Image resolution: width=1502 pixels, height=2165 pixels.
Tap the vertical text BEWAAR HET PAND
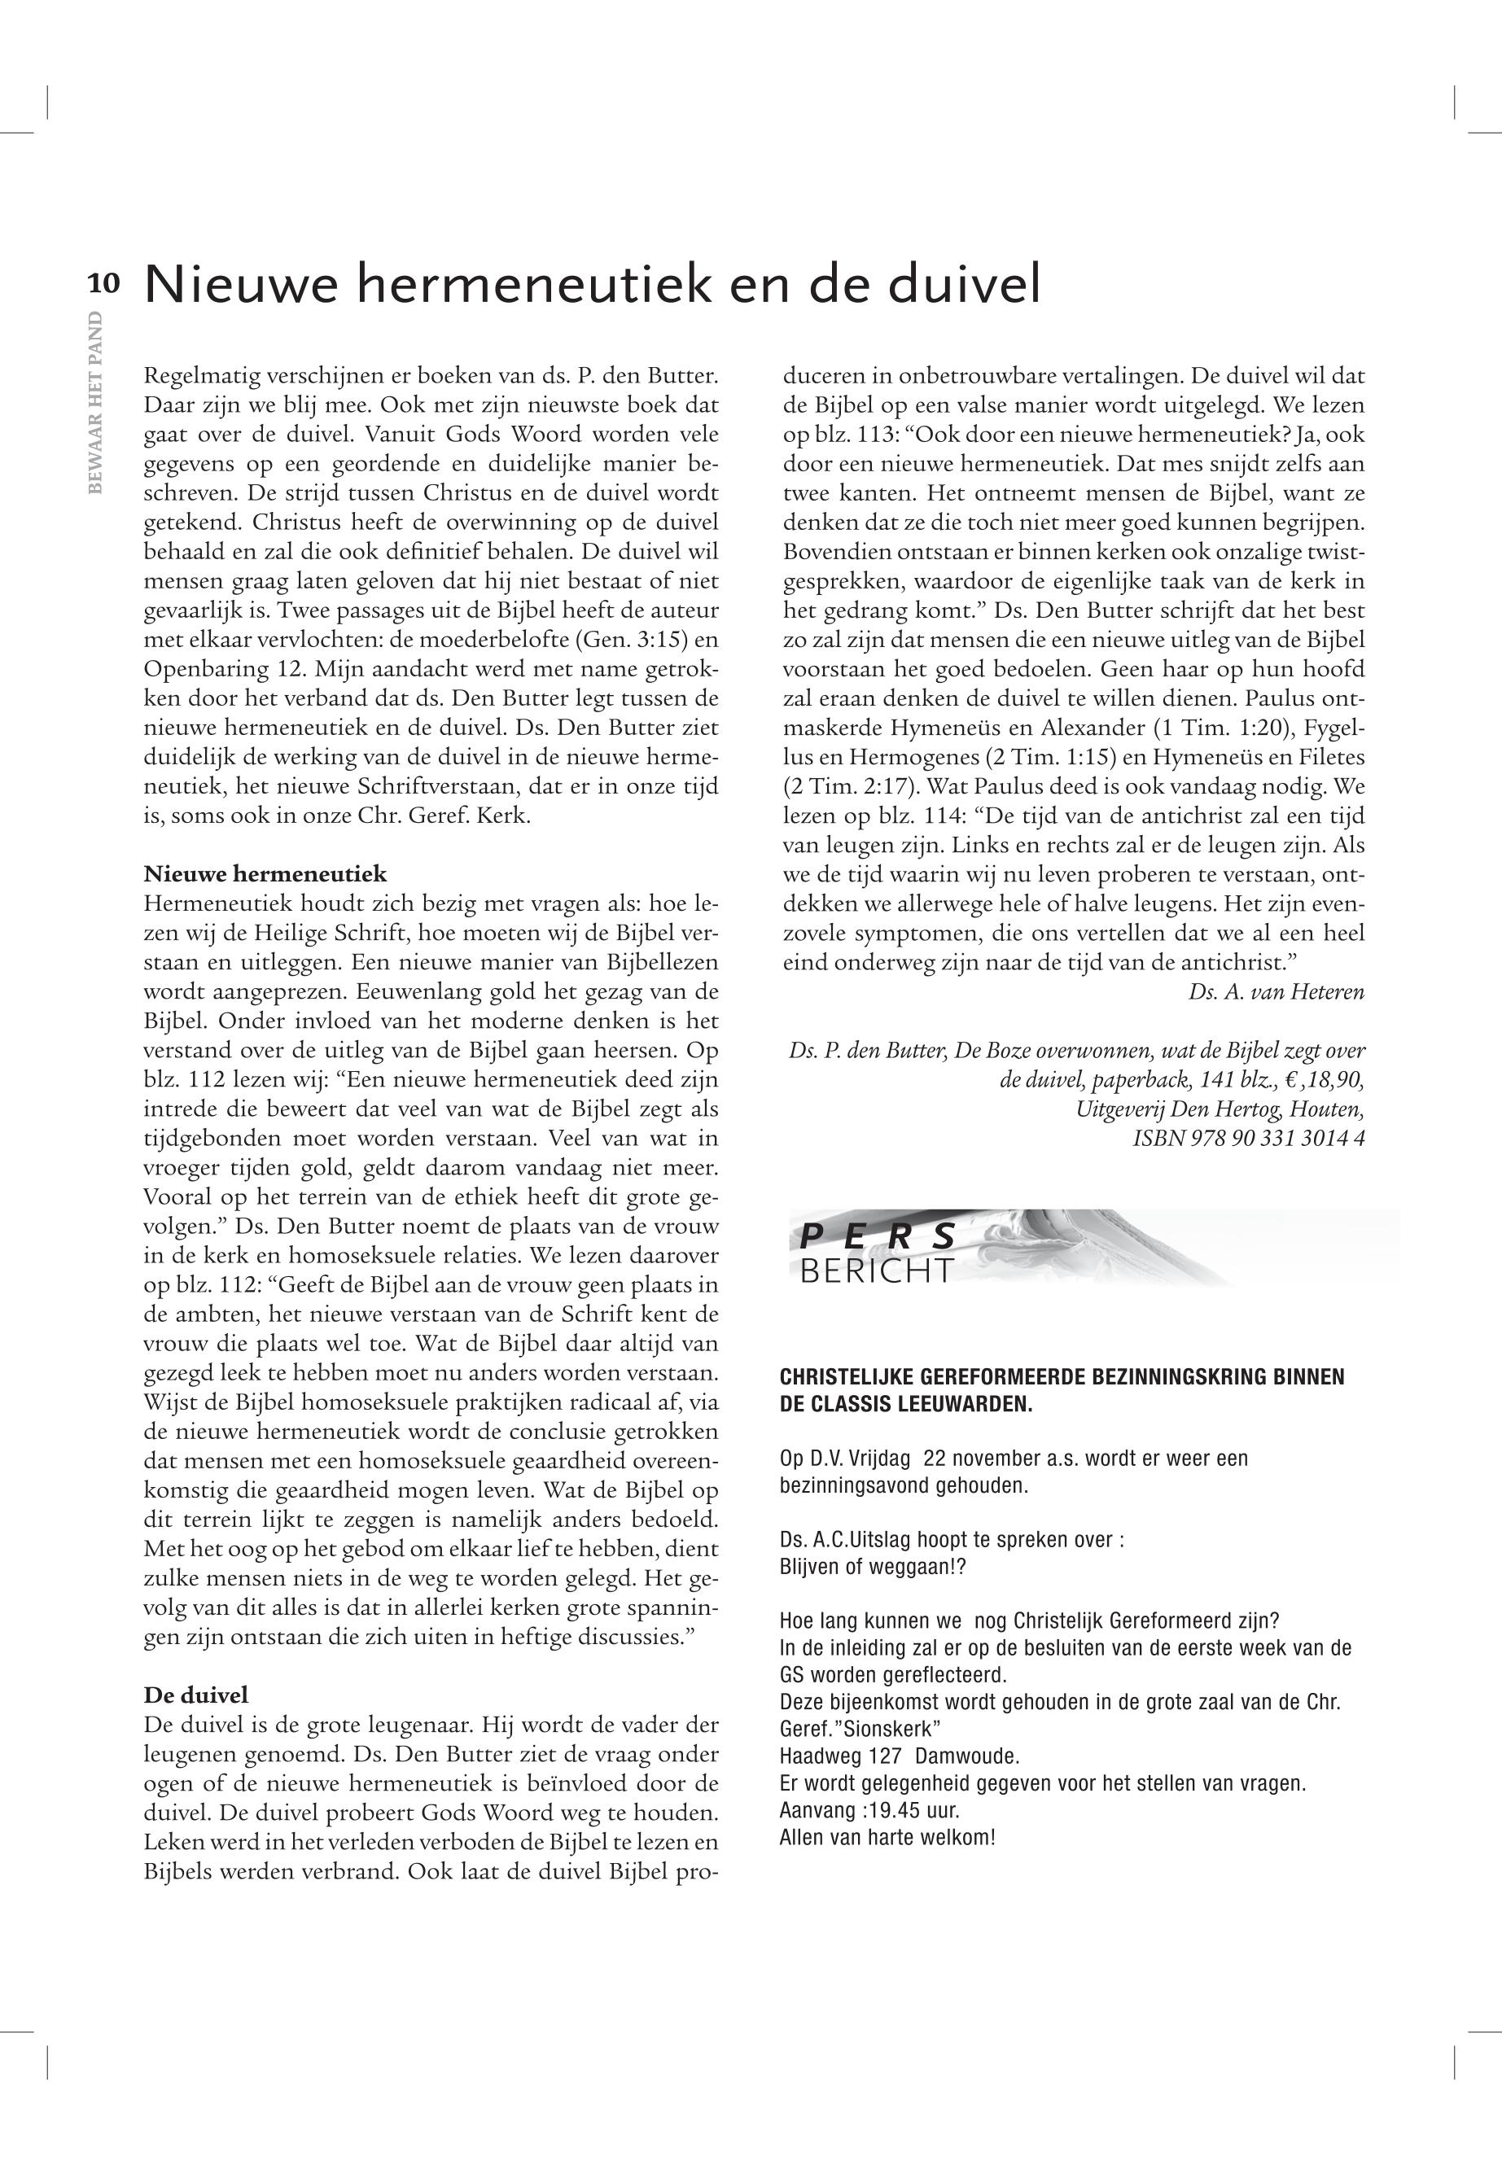tap(94, 404)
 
